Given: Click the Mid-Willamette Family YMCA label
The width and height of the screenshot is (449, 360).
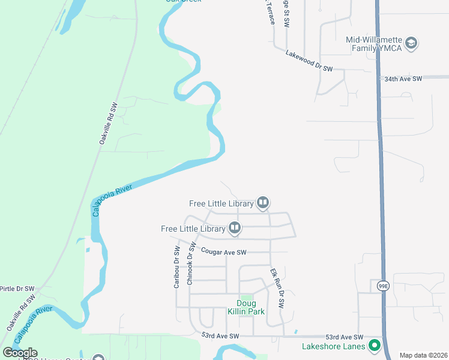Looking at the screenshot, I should click(x=375, y=44).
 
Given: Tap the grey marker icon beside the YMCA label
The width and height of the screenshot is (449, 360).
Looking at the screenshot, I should click(x=411, y=43).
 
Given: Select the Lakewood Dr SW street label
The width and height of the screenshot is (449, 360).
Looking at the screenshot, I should click(x=309, y=61).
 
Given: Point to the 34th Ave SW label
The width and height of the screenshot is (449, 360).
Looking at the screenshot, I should click(x=403, y=79).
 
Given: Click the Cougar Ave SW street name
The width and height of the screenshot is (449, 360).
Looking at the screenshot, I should click(x=224, y=253).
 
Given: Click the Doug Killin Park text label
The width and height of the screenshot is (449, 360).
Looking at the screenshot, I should click(x=246, y=307).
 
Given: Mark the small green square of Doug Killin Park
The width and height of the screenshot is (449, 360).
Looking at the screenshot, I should click(x=246, y=298).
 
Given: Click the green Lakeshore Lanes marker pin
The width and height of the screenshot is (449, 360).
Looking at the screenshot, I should click(x=375, y=345).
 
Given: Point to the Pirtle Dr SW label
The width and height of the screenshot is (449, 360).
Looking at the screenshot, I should click(x=17, y=289).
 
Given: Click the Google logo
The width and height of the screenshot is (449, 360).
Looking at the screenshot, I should click(x=20, y=353).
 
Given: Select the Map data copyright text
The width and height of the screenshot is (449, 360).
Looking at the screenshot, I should click(x=423, y=355).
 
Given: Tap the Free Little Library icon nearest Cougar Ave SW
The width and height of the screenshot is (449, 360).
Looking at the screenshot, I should click(x=235, y=228).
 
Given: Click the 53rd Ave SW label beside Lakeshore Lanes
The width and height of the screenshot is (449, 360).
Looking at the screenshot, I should click(x=345, y=337).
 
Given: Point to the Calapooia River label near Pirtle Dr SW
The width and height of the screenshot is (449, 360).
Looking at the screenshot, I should click(x=34, y=325).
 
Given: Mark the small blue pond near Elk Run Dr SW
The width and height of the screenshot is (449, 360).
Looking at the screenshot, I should click(x=295, y=332).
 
